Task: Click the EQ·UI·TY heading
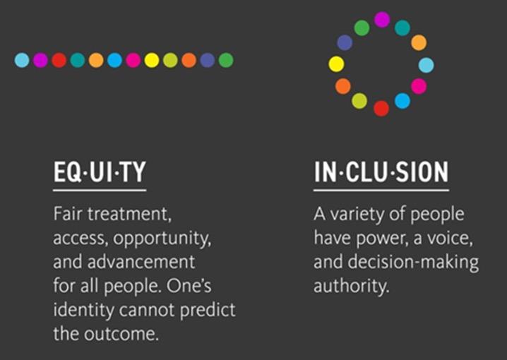[x=99, y=173]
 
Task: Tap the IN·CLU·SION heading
[x=381, y=173]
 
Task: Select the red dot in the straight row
[x=59, y=61]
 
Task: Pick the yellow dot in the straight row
[x=152, y=61]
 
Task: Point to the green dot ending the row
[x=226, y=61]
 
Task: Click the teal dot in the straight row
[x=78, y=61]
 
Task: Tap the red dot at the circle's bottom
[x=381, y=108]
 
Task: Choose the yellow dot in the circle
[x=337, y=64]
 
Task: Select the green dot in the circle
[x=362, y=28]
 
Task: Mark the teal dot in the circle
[x=402, y=28]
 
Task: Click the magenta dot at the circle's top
[x=382, y=20]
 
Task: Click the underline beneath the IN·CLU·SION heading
[x=381, y=190]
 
